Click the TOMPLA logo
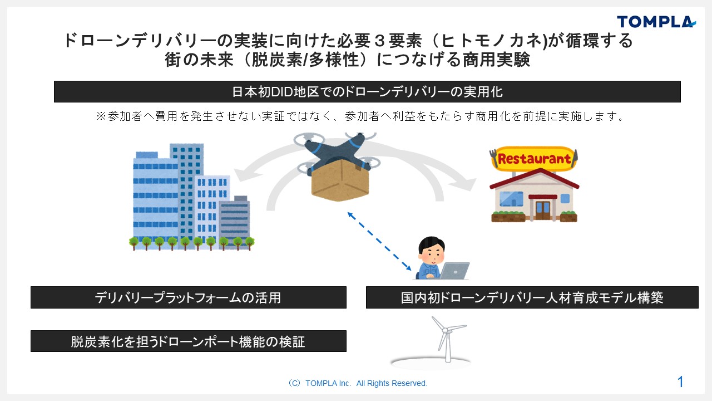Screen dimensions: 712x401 [x=656, y=22]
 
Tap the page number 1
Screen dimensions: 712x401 [x=680, y=382]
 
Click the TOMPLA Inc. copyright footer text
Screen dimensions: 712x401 [x=358, y=383]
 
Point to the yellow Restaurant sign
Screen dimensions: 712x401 [x=533, y=159]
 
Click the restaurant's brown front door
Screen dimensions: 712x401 [x=543, y=210]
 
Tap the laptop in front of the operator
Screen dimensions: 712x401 [x=454, y=271]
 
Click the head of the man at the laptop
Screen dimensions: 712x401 [x=432, y=250]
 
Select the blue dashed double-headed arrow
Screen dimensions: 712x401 [x=379, y=241]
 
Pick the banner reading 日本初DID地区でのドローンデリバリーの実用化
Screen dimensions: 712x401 [x=367, y=92]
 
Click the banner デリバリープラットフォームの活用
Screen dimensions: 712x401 [x=189, y=297]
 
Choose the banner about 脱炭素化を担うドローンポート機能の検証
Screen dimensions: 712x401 [x=189, y=341]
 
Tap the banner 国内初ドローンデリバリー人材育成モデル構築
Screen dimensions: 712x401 [x=532, y=297]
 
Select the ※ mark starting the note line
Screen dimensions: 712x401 [x=101, y=116]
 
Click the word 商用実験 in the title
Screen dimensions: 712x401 [x=496, y=60]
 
